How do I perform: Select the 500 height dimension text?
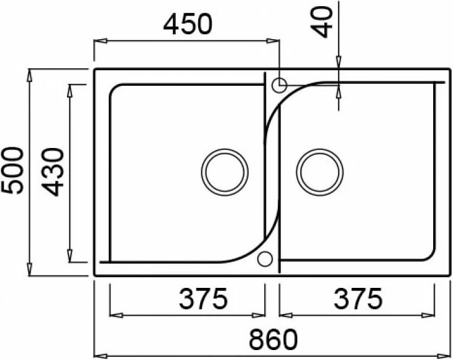[14, 171]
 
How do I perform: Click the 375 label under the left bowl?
[203, 300]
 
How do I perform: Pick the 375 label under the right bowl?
[358, 300]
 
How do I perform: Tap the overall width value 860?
[273, 339]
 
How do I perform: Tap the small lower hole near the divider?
[265, 259]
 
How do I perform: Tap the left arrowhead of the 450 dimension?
[98, 42]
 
